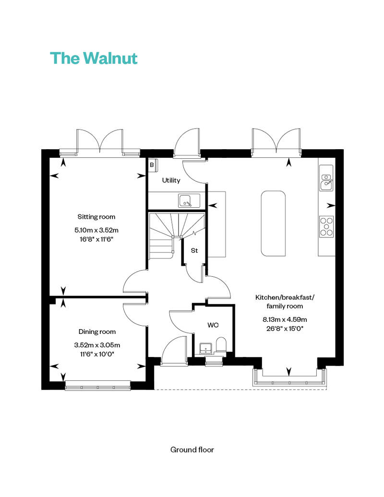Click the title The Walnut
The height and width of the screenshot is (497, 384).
click(94, 58)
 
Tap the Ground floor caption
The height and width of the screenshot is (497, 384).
click(192, 450)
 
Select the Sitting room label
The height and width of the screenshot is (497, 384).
click(96, 217)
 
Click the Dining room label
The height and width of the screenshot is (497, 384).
click(97, 332)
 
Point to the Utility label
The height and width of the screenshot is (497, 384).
click(171, 180)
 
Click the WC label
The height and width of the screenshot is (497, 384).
click(213, 325)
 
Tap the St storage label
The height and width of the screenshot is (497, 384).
click(194, 250)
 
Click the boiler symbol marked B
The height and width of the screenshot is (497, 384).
click(153, 165)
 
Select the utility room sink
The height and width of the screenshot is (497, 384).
click(189, 201)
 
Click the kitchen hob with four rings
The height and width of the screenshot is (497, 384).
click(326, 226)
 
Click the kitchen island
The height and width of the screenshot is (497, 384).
click(273, 223)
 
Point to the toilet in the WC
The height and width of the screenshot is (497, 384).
click(221, 345)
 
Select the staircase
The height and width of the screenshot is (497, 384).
click(177, 235)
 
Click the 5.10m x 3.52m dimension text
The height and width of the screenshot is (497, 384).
click(96, 230)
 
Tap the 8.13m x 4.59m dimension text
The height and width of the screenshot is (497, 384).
click(285, 319)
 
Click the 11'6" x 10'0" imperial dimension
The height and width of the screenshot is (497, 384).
click(97, 354)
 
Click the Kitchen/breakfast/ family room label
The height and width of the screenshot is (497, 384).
click(285, 302)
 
